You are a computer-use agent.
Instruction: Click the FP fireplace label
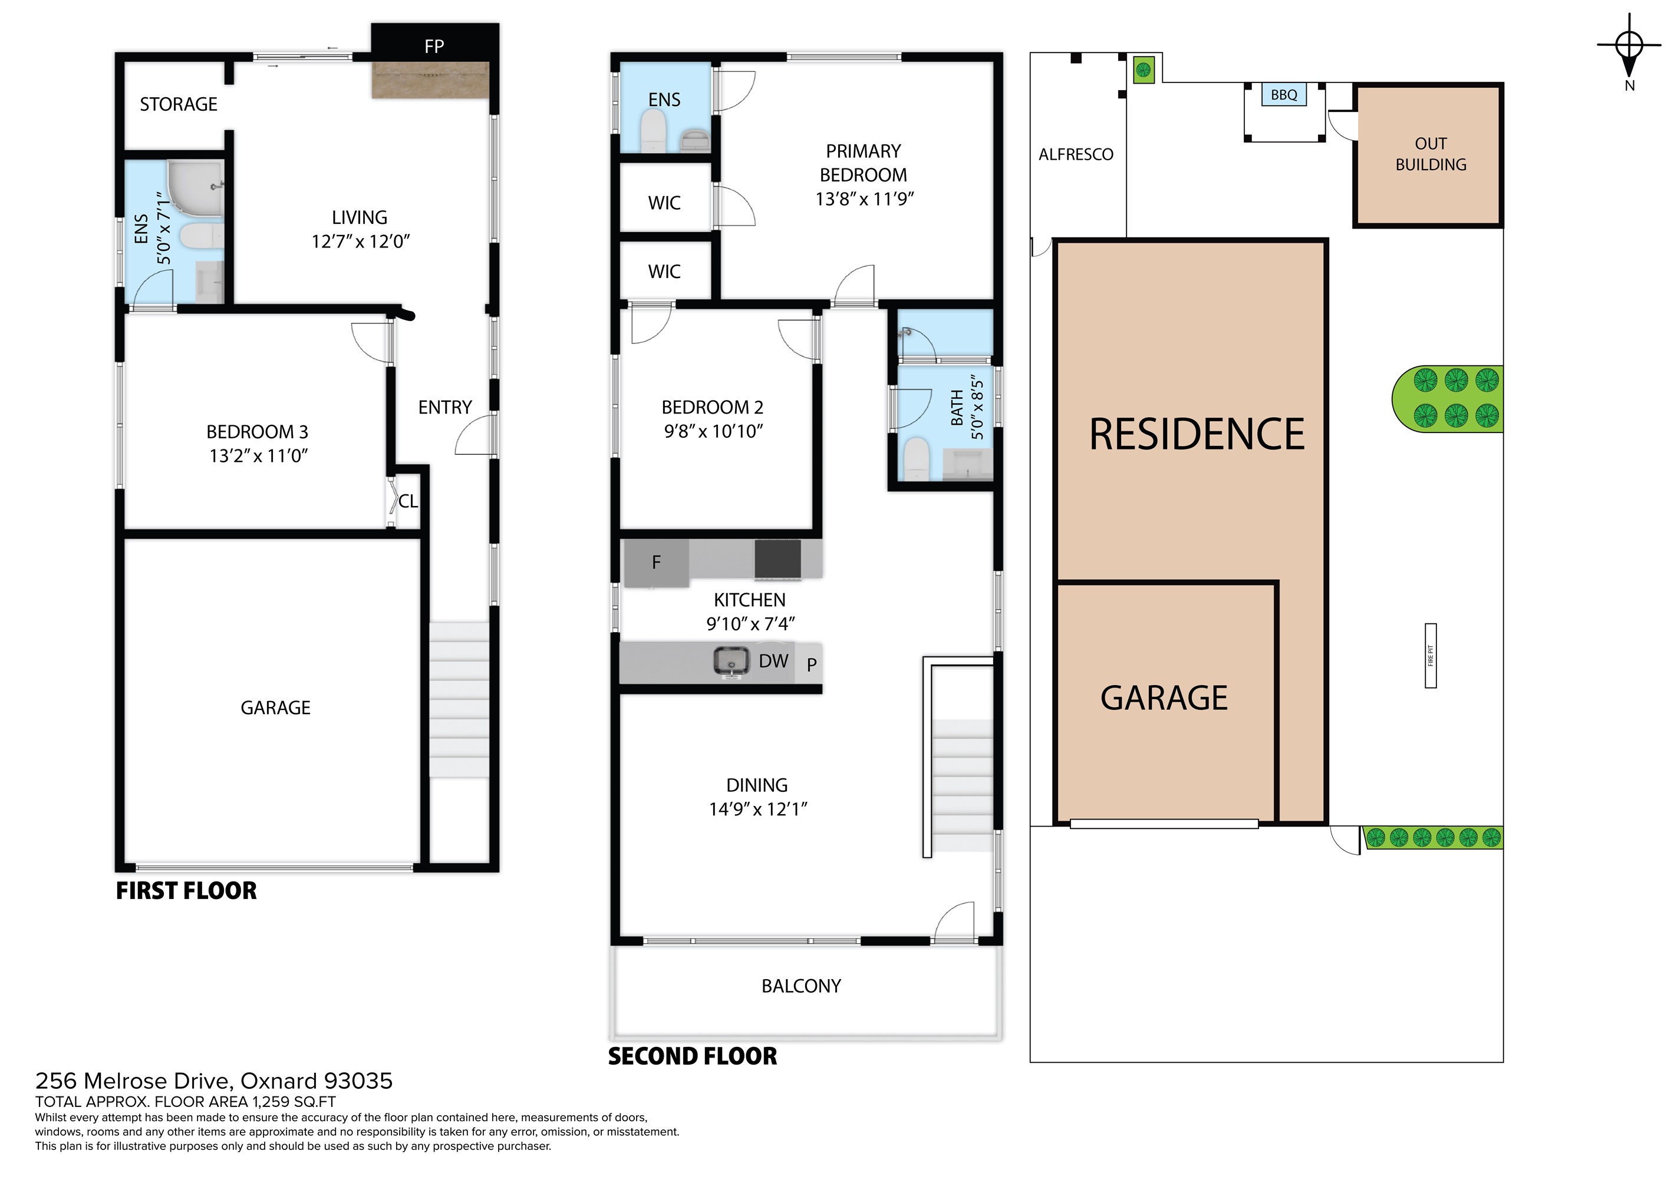pos(434,47)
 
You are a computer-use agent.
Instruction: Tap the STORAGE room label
pos(179,104)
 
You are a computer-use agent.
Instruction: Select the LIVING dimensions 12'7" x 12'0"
pos(361,242)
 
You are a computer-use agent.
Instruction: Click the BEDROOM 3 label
pos(258,431)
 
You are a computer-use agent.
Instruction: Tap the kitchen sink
pos(731,661)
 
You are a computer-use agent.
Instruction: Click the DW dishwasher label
pos(773,661)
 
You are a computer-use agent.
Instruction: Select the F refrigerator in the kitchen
pos(656,563)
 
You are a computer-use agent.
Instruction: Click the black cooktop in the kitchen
pos(777,560)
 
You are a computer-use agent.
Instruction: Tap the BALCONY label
pos(801,986)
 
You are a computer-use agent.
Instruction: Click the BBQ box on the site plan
pos(1284,95)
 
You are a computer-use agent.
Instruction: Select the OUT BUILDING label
pos(1431,154)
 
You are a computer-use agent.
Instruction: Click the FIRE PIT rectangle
pos(1431,655)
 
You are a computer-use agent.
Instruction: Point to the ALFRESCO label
pos(1076,154)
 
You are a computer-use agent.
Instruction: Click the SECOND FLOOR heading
pos(693,1056)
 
